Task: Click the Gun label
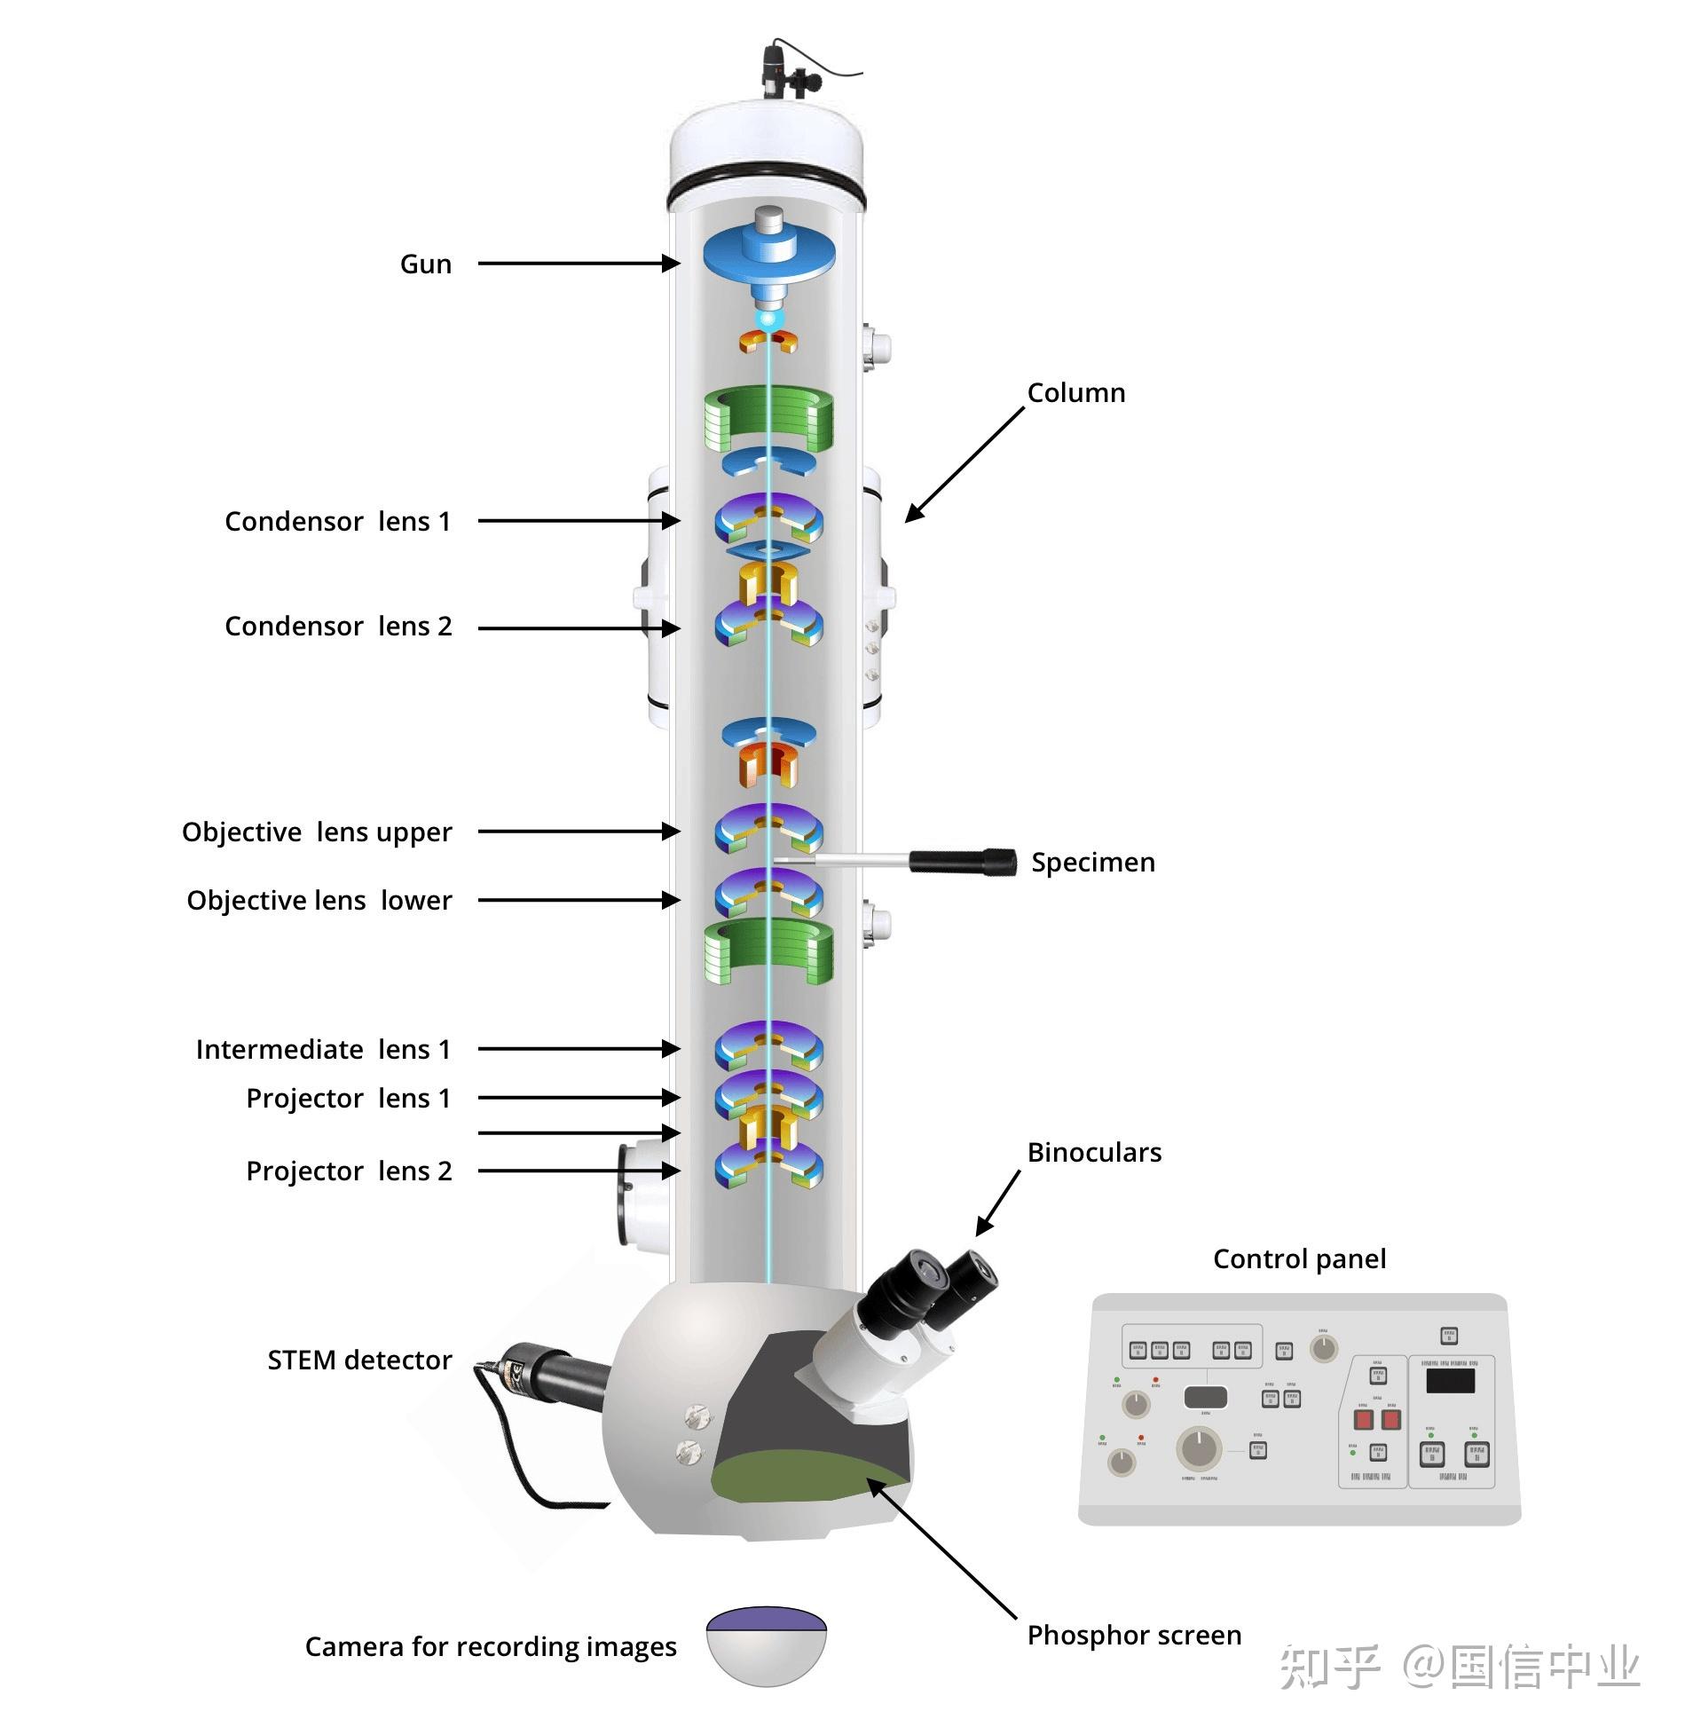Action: (x=425, y=264)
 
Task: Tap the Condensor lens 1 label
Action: (x=337, y=522)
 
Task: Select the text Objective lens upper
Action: (x=317, y=832)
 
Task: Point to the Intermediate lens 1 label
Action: (x=323, y=1050)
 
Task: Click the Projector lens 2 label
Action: (x=349, y=1171)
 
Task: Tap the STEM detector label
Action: (x=359, y=1360)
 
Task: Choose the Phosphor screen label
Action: (x=1133, y=1636)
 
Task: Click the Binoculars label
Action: (x=1093, y=1153)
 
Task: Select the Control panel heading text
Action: (x=1298, y=1259)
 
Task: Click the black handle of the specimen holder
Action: (x=963, y=861)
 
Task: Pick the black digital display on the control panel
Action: (x=1450, y=1380)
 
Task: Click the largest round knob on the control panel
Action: (x=1199, y=1448)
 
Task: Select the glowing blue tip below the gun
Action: (x=768, y=318)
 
